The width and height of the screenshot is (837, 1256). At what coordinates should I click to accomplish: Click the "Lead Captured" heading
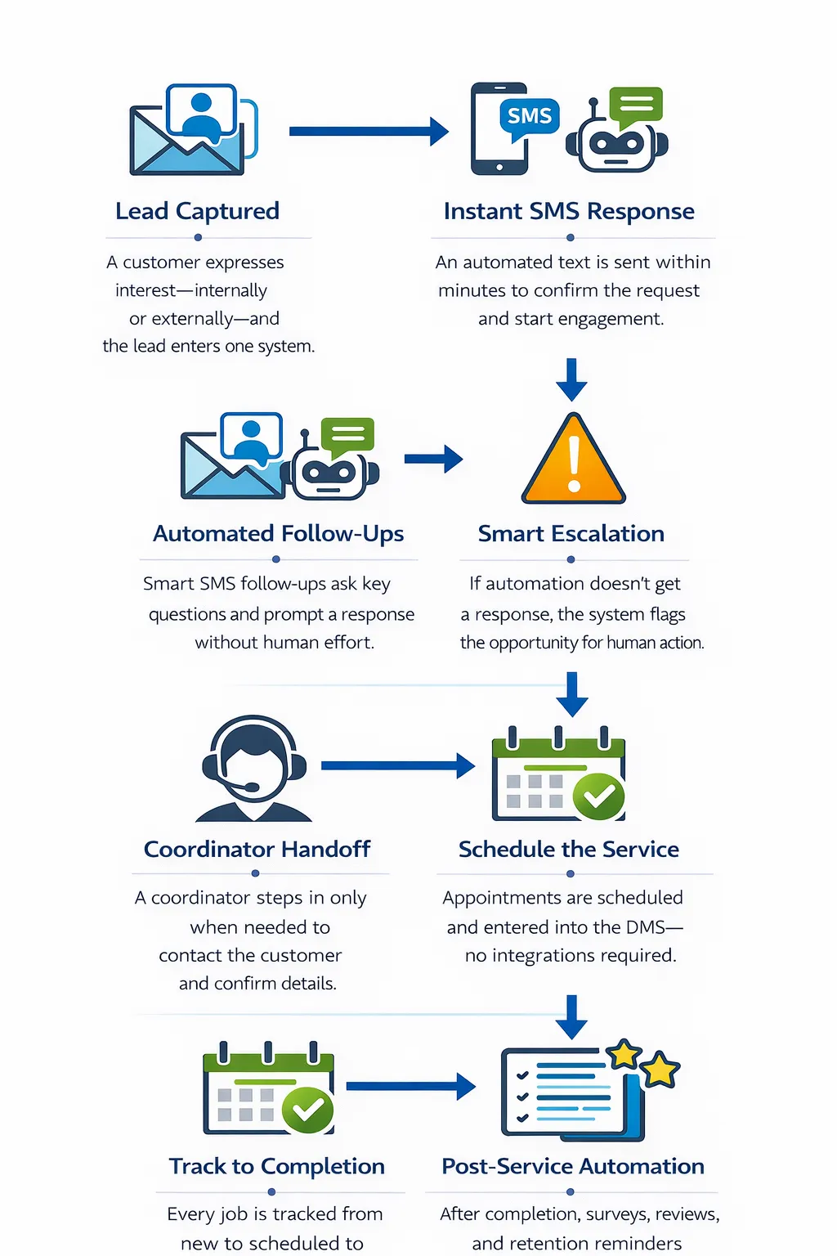197,211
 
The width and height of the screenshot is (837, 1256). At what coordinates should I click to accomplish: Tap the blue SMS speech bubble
530,116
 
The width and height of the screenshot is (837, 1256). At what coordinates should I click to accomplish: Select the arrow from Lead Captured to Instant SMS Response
368,131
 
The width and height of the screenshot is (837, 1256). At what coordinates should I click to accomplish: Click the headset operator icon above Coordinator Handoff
254,769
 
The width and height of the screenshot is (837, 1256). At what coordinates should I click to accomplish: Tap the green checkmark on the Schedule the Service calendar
599,796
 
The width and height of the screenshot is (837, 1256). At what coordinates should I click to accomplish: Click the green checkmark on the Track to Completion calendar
307,1109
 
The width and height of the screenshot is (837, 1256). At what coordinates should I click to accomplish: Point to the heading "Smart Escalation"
571,534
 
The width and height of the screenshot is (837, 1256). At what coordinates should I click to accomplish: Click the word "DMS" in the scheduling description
646,927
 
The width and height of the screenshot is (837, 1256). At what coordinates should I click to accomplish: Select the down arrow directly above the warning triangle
571,379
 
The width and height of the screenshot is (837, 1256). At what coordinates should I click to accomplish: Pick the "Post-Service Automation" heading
572,1166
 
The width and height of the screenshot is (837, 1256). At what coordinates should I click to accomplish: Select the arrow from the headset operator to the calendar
397,765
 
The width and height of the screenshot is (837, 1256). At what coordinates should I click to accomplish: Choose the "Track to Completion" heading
276,1166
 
